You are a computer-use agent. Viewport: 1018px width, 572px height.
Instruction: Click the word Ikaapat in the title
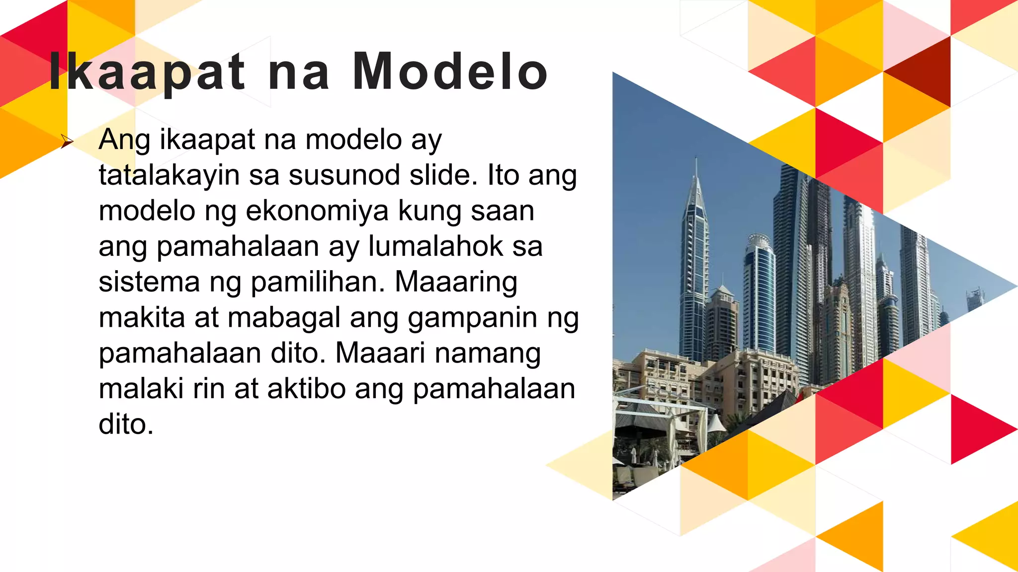[x=147, y=72]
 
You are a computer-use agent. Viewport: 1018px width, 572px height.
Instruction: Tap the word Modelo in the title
[x=450, y=72]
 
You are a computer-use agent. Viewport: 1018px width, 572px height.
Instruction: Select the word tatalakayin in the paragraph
[x=169, y=176]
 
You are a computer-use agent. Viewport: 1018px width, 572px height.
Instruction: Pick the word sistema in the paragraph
[x=149, y=282]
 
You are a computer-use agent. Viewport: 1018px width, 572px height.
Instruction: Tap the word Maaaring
[x=456, y=283]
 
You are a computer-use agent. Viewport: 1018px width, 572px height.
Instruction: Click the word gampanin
[x=472, y=319]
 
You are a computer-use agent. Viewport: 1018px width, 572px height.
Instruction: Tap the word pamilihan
[x=318, y=282]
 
